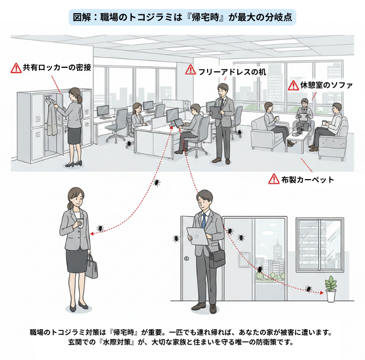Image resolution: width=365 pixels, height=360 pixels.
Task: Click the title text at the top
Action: click(x=182, y=17)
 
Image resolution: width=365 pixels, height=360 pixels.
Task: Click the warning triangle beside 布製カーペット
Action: click(x=274, y=179)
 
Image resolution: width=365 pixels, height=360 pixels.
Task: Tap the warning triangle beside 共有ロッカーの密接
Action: click(x=15, y=67)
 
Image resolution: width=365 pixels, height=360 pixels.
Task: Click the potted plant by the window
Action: click(x=330, y=289)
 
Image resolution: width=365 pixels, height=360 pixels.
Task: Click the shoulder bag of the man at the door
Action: click(x=217, y=257)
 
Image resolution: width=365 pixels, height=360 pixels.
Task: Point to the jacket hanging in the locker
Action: click(x=52, y=117)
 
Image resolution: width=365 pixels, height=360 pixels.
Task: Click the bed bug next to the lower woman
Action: click(x=100, y=228)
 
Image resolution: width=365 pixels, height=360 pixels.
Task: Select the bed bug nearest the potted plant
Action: click(x=309, y=289)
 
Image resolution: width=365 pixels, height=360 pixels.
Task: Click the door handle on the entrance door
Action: click(x=186, y=259)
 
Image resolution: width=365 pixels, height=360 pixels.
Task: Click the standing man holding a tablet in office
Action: click(x=221, y=119)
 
